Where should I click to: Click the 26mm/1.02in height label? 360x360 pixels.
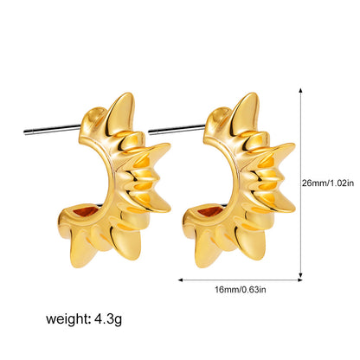328,183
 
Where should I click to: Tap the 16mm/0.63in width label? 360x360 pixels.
241,289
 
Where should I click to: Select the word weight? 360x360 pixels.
68,319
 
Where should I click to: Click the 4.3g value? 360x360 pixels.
108,319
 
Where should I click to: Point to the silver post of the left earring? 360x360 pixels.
52,129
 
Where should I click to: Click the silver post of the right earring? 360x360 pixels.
177,129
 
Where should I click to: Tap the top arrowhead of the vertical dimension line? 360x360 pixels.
300,90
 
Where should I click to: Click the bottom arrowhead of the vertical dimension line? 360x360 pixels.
300,276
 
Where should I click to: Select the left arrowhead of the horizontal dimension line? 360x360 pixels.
181,280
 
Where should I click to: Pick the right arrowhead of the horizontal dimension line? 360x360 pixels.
300,280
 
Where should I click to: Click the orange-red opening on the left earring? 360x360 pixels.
85,211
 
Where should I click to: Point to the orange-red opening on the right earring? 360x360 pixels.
209,211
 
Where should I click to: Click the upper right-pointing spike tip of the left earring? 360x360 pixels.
170,145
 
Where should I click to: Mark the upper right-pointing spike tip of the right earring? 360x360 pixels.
293,145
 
